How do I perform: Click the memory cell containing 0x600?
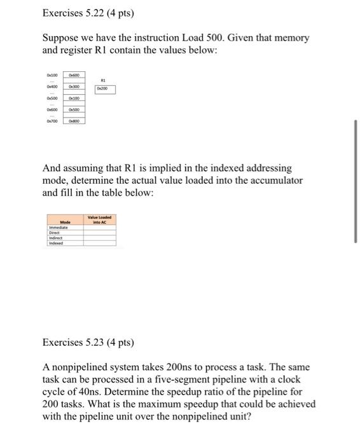74,75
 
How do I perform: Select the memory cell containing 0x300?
74,86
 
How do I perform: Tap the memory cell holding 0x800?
74,120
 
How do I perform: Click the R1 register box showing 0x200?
105,90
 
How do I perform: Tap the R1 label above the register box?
105,81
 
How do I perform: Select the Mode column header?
65,222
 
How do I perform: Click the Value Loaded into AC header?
100,219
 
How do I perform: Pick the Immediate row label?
59,227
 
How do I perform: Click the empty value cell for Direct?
100,232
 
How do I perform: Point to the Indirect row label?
56,237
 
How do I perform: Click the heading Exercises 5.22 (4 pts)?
80,13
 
